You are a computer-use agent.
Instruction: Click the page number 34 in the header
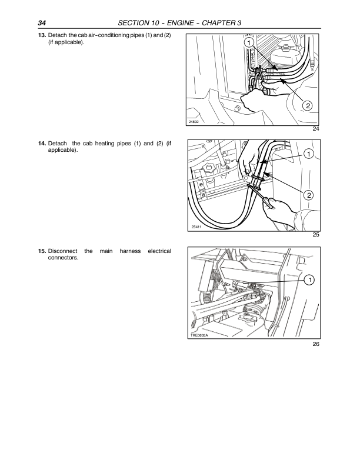pyautogui.click(x=42, y=23)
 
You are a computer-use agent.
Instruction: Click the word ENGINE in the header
pyautogui.click(x=181, y=23)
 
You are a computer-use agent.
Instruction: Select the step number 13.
pyautogui.click(x=42, y=35)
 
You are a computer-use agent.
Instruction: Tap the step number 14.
pyautogui.click(x=42, y=144)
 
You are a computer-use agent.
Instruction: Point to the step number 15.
pyautogui.click(x=42, y=251)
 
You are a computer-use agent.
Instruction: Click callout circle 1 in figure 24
pyautogui.click(x=249, y=43)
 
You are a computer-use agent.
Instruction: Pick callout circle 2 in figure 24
pyautogui.click(x=308, y=105)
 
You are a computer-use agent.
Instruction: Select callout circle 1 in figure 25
pyautogui.click(x=309, y=154)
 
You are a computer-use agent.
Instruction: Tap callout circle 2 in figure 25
pyautogui.click(x=309, y=195)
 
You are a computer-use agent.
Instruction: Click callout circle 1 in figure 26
pyautogui.click(x=309, y=280)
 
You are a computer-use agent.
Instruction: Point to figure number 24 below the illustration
pyautogui.click(x=316, y=129)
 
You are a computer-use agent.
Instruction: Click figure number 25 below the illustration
pyautogui.click(x=316, y=235)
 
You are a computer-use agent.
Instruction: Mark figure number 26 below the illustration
pyautogui.click(x=316, y=344)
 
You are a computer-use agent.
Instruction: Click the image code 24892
pyautogui.click(x=194, y=122)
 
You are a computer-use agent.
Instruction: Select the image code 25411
pyautogui.click(x=196, y=227)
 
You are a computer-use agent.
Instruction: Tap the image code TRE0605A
pyautogui.click(x=199, y=335)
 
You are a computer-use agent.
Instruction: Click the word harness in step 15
pyautogui.click(x=130, y=251)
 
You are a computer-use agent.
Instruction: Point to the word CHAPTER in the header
pyautogui.click(x=218, y=23)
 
